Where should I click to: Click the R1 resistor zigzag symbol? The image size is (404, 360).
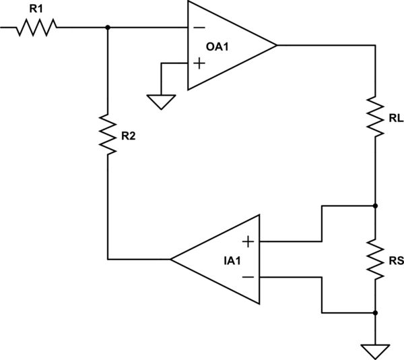38,27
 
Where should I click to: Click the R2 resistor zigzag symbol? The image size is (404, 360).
107,134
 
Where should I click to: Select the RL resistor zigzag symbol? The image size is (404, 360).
374,116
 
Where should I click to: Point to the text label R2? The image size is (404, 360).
129,136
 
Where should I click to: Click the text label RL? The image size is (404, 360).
396,119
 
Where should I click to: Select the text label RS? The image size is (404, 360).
396,260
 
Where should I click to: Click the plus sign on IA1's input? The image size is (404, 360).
248,241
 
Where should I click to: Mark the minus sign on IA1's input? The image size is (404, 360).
248,276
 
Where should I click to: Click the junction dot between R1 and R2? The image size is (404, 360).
107,27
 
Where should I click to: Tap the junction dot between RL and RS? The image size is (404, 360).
374,205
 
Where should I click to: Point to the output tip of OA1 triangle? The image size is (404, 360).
277,45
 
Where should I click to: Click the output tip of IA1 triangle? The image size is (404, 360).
171,259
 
